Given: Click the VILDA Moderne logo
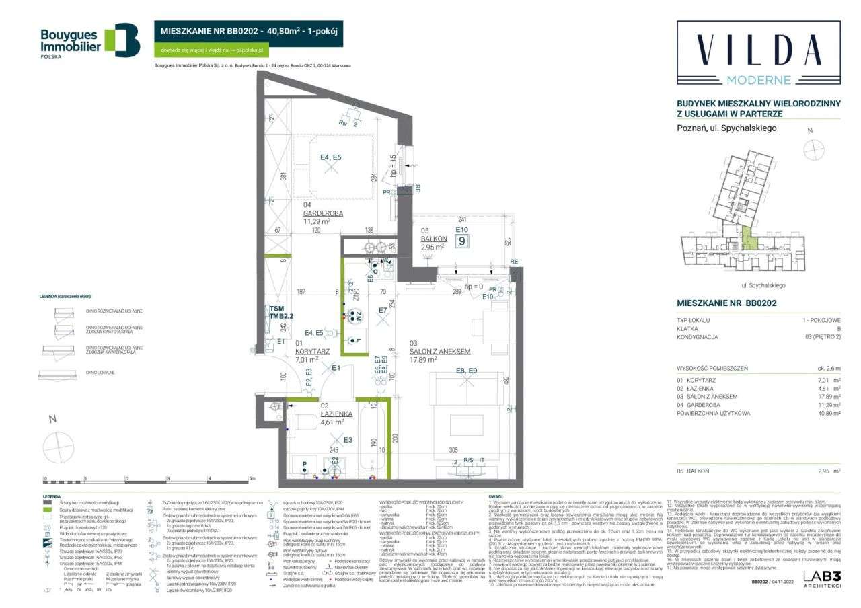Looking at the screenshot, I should (758, 54).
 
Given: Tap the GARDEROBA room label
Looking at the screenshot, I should (323, 213).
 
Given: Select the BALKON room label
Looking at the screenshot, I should (434, 239).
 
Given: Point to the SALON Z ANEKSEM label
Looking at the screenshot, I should (440, 351).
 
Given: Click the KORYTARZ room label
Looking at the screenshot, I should (313, 351).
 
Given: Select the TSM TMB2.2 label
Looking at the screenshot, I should (282, 312).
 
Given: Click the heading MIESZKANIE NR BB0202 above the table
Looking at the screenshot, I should (726, 303).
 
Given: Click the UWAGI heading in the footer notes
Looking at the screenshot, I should (496, 496).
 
